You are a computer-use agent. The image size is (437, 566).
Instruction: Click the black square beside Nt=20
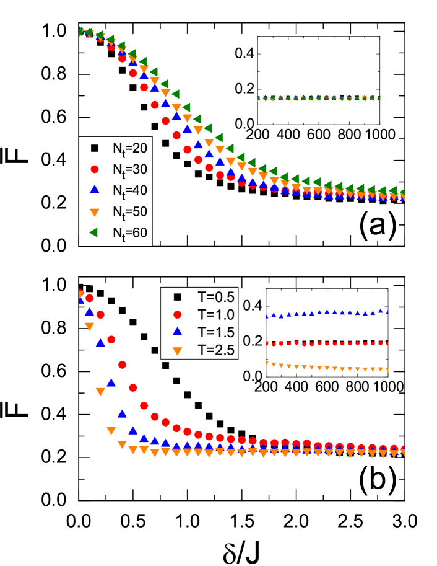point(95,148)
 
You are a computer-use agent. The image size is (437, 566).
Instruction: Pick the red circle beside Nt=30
point(95,169)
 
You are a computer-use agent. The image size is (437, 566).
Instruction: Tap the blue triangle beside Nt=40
point(95,190)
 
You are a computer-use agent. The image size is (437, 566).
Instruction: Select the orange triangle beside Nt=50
point(95,212)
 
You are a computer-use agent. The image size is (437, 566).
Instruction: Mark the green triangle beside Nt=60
point(94,232)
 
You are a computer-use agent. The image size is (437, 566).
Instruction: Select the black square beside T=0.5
point(178,296)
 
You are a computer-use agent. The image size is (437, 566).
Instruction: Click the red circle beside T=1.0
point(178,314)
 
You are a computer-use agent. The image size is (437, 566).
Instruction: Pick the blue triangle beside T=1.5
point(178,332)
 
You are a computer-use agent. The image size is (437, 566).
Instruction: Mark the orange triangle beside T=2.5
point(178,351)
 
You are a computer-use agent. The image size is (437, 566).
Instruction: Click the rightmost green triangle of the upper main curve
point(402,193)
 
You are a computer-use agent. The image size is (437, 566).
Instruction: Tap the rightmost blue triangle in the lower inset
point(387,312)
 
